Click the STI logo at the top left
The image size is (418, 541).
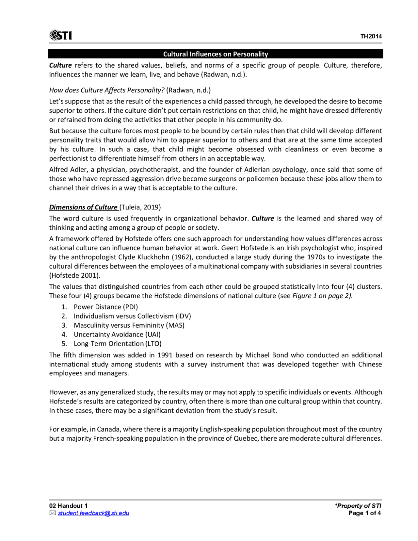pos(60,35)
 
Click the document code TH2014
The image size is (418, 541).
pos(371,36)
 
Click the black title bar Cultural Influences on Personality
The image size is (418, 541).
pos(216,54)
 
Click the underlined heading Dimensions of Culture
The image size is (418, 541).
pos(83,207)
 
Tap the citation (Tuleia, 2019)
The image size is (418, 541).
pos(140,207)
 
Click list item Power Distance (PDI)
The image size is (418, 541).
pos(106,307)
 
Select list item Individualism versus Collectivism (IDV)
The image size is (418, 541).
pos(132,316)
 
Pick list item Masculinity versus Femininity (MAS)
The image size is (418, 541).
pos(129,325)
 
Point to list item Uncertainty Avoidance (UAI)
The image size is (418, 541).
pos(117,334)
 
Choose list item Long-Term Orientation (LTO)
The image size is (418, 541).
pos(118,343)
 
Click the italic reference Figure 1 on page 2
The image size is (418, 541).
pos(322,296)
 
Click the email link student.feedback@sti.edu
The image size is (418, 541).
pos(93,513)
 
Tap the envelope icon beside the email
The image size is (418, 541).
pos(53,513)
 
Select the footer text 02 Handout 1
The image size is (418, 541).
pos(68,506)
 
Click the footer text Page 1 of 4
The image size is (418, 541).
pos(364,513)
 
